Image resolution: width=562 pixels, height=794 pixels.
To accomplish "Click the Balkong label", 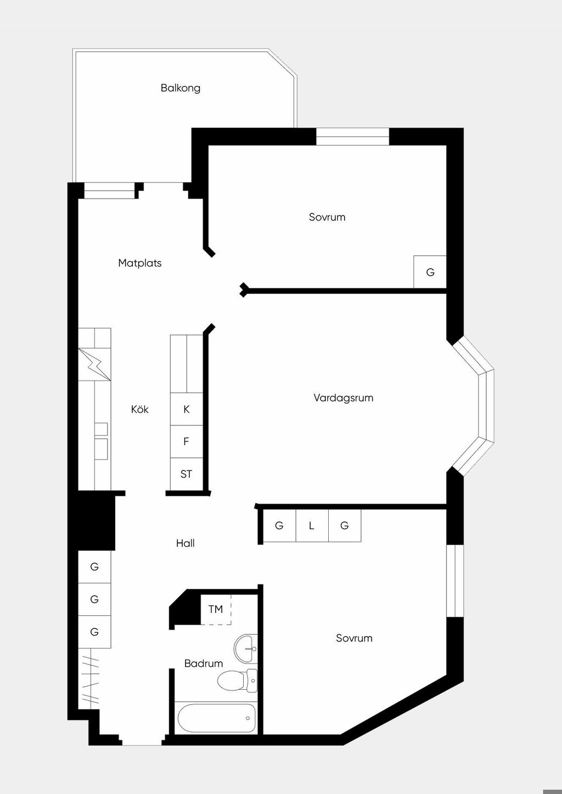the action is pos(180,88).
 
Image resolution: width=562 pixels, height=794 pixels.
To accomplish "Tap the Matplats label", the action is pos(140,263).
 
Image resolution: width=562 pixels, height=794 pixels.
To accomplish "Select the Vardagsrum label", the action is pos(344,398).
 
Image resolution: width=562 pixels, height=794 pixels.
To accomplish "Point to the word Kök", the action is pos(140,410).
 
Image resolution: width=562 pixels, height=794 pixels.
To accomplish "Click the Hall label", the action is pos(185,543).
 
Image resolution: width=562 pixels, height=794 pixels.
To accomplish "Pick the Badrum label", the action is pos(204,663).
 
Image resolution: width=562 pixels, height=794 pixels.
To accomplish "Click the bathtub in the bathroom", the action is pos(216,718).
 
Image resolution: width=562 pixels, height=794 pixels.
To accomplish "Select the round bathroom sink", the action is pos(245,648).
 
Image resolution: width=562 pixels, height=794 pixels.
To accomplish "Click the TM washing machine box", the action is pos(216,609).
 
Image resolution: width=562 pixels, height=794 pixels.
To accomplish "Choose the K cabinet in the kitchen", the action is pos(187,410).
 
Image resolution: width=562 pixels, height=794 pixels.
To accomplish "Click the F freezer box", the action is pos(187,441).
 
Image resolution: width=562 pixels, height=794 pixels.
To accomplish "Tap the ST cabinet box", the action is pos(187,474).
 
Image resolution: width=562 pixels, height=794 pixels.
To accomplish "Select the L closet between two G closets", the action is pos(312,526).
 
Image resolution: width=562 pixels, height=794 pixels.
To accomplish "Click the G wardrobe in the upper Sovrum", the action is pos(430,272).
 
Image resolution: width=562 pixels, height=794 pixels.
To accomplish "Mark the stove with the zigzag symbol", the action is pos(94,365).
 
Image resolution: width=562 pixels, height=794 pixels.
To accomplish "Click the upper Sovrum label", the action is pos(327,217).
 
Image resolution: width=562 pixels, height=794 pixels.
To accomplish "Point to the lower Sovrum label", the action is pos(354,638).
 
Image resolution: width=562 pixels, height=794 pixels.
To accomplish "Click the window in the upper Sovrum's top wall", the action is pos(353,137).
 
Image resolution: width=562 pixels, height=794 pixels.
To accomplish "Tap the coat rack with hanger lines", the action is pos(90,679).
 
